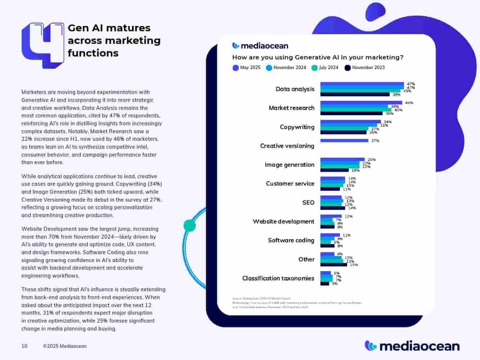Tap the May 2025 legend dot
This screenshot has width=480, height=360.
(235, 68)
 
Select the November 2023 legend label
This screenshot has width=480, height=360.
(368, 68)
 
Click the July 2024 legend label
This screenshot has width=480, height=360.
(328, 68)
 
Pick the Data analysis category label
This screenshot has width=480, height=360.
(295, 89)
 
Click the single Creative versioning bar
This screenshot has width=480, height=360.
(344, 141)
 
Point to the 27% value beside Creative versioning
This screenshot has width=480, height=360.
(375, 141)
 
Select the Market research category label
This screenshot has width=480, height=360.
(291, 108)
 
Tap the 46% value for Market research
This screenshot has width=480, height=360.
(409, 103)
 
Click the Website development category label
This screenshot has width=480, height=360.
(283, 222)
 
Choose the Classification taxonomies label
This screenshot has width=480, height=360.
(278, 278)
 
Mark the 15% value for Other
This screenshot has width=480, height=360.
(354, 265)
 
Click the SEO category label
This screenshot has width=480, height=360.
(308, 203)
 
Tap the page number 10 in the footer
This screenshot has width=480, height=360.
(24, 346)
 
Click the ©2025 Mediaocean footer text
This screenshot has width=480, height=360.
(65, 346)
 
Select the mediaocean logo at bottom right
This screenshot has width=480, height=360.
(412, 346)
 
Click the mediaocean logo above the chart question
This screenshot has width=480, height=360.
(260, 46)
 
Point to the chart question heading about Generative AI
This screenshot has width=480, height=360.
(318, 58)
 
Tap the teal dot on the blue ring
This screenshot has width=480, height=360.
(190, 226)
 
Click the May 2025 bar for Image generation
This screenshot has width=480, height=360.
(342, 159)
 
